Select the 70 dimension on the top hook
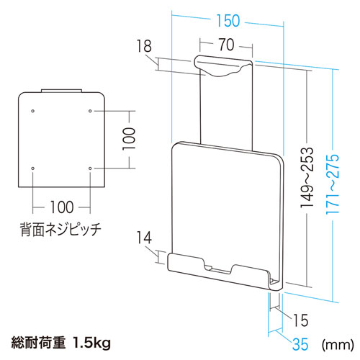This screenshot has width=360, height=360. click(x=225, y=45)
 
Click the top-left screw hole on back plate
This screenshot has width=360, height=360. click(x=33, y=111)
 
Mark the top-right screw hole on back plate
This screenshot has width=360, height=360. click(x=89, y=111)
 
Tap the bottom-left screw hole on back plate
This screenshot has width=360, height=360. click(x=33, y=168)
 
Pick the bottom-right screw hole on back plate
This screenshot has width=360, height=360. click(x=89, y=168)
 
